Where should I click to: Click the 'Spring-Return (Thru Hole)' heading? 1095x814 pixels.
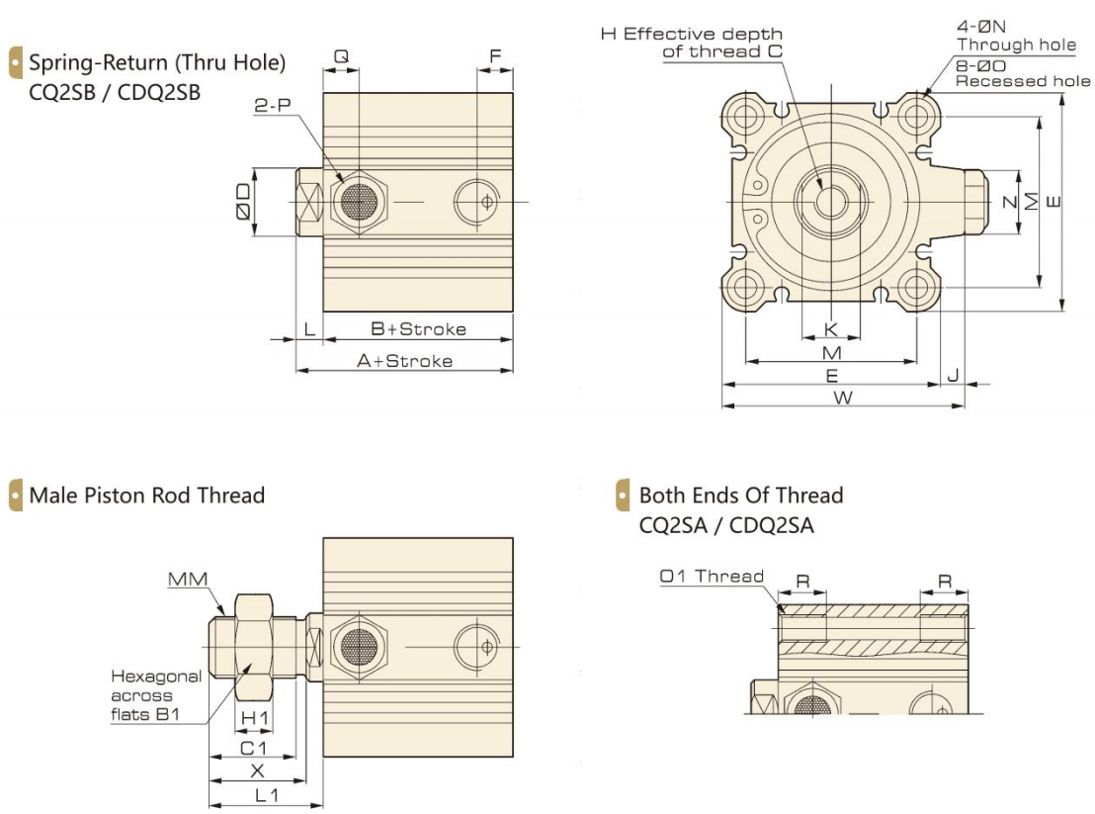point(157,63)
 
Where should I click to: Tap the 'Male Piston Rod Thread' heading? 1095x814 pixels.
point(147,495)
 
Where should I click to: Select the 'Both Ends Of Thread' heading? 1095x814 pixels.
point(741,495)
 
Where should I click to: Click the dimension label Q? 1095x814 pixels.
point(341,57)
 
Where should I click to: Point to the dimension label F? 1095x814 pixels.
point(495,57)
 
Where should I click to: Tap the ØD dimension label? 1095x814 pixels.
point(241,203)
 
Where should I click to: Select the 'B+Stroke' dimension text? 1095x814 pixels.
point(418,328)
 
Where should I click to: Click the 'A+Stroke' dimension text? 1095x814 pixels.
point(404,361)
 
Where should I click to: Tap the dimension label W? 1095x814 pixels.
point(842,397)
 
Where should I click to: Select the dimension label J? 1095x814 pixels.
point(953,375)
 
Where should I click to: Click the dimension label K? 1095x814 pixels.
point(830,328)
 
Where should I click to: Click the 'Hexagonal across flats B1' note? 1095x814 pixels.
point(155,695)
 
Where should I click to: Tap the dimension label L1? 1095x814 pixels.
point(265,794)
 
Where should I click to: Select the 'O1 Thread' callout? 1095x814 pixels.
point(712,576)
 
